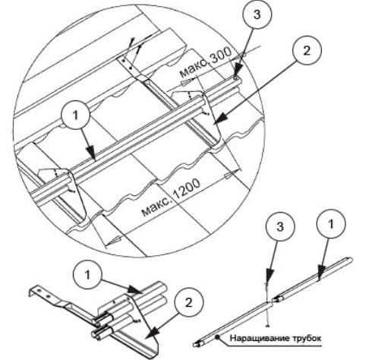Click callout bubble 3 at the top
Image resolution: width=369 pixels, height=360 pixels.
click(x=257, y=14)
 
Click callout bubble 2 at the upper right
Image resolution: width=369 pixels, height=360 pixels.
click(x=307, y=51)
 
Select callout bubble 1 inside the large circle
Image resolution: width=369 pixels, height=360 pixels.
click(x=75, y=115)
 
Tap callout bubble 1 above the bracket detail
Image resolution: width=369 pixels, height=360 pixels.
click(x=87, y=274)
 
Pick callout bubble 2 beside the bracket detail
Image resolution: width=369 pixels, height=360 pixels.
click(x=188, y=302)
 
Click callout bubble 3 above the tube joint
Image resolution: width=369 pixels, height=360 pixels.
click(x=280, y=226)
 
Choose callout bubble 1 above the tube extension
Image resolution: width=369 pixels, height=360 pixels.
click(x=331, y=224)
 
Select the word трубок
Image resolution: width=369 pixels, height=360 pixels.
click(x=307, y=338)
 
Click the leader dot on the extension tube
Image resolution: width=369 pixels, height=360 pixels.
click(x=217, y=337)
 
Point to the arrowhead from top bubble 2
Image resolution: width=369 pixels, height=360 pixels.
click(x=220, y=118)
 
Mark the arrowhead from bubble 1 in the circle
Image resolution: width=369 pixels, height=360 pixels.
click(x=92, y=153)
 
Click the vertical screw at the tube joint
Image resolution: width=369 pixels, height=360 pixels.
click(x=266, y=305)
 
